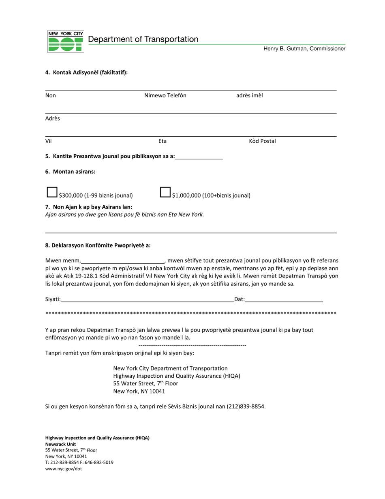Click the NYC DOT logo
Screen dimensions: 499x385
66,41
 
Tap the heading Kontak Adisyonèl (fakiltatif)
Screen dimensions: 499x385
86,73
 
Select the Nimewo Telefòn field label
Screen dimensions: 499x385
165,96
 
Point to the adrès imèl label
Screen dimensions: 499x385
250,96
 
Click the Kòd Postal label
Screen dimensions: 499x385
262,141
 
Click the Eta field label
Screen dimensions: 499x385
163,141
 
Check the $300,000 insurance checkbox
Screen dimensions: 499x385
52,192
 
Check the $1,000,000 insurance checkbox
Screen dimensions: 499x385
165,192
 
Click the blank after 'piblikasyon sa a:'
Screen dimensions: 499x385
199,156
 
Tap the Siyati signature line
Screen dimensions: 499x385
147,299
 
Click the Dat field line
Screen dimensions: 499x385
284,299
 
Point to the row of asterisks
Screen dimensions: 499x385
191,314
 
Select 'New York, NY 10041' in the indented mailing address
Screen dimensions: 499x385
139,391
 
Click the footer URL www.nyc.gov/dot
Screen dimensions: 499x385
64,469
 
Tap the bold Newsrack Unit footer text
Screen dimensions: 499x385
60,444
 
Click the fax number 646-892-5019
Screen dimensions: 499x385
100,462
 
